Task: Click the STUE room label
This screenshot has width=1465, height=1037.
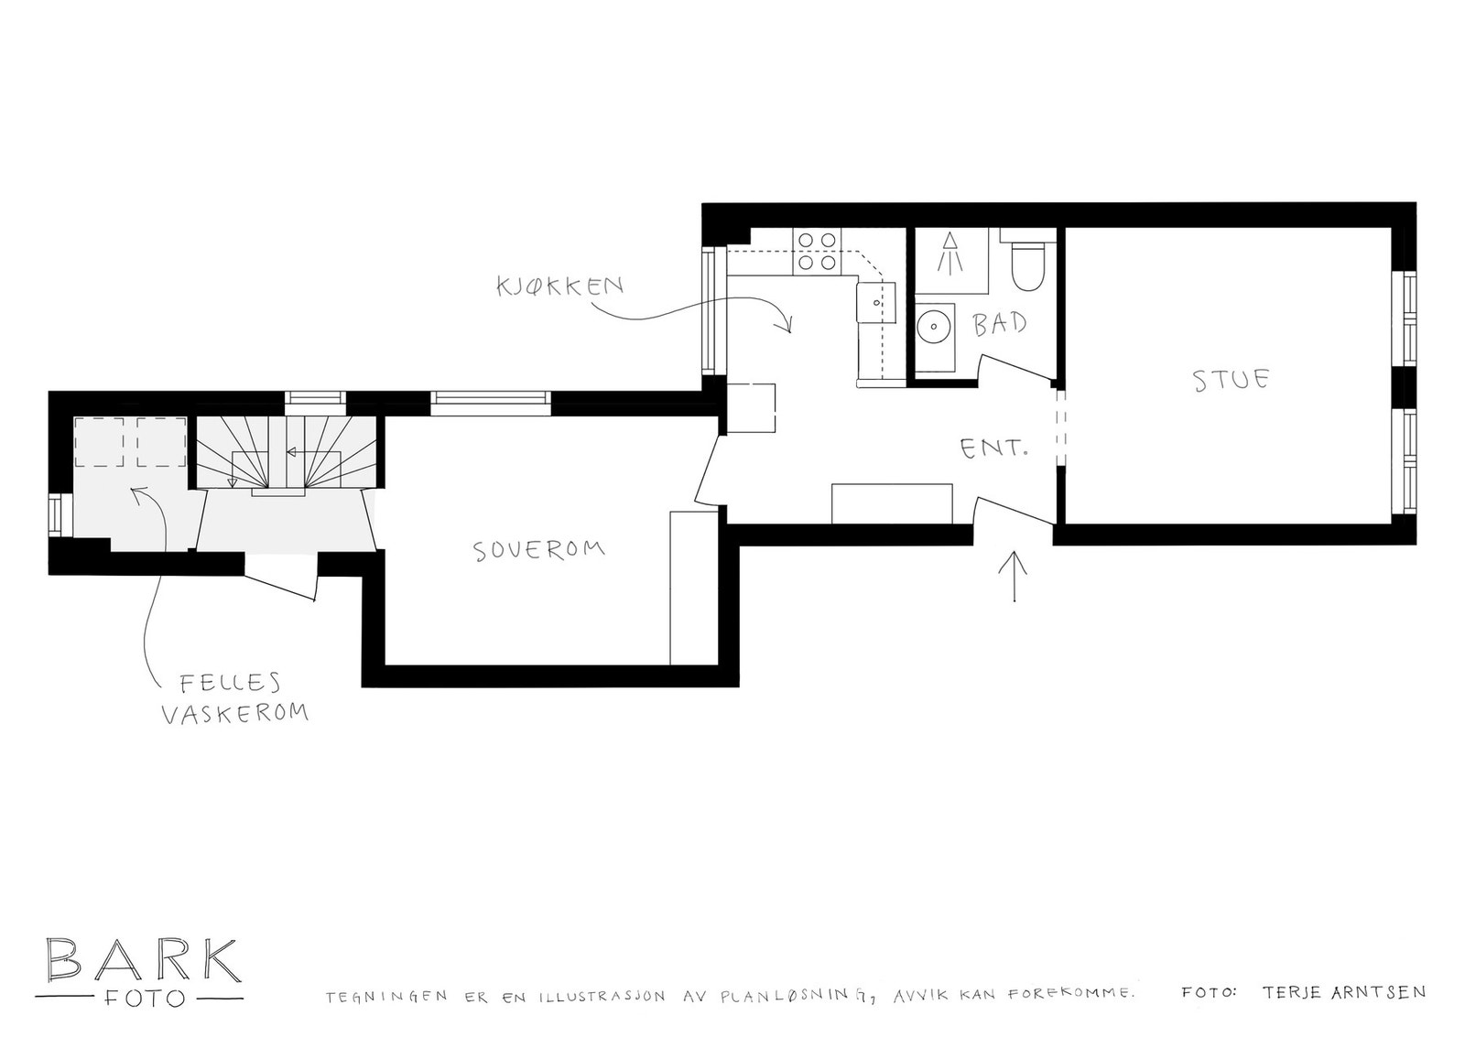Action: click(1232, 379)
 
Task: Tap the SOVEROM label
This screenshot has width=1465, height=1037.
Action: click(538, 549)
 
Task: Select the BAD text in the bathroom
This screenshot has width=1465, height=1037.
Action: click(1000, 323)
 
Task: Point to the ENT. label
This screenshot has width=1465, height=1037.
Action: click(993, 448)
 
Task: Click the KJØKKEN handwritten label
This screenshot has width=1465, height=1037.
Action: click(559, 285)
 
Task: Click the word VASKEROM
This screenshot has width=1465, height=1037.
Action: click(234, 714)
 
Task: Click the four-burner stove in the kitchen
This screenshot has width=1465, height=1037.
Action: click(817, 251)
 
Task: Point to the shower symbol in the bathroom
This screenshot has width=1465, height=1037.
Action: click(951, 252)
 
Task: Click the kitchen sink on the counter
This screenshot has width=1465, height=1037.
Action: click(876, 301)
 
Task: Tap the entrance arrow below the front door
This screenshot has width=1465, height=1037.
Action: click(1016, 577)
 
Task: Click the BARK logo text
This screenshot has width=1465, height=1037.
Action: click(144, 960)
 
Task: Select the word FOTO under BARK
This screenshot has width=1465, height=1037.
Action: click(143, 997)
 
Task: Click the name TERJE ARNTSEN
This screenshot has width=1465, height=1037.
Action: click(1342, 991)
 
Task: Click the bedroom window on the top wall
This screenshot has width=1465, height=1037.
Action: click(492, 397)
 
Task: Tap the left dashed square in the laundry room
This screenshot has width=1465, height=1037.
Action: click(99, 442)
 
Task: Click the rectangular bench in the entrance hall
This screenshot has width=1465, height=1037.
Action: click(893, 503)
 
